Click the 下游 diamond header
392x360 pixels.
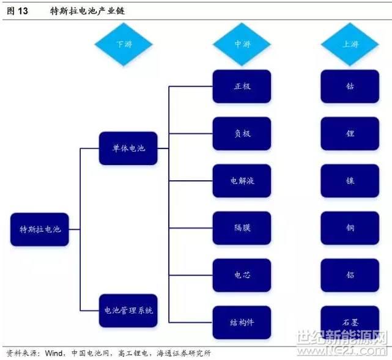pos(124,44)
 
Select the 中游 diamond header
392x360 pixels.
pos(242,44)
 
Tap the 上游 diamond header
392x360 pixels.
pos(350,44)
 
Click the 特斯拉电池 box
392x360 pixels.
pos(40,229)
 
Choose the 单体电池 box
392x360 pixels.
pos(128,149)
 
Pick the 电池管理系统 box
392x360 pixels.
pos(128,310)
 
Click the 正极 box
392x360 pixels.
pos(242,86)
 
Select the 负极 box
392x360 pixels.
pos(242,134)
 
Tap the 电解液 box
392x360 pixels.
pos(242,181)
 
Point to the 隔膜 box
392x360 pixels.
pos(242,228)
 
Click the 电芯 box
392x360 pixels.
pos(242,275)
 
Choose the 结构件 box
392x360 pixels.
pos(242,323)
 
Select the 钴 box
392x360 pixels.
pos(350,86)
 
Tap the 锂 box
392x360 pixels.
pos(350,134)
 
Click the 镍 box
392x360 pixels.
pos(350,181)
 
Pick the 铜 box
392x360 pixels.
pos(350,228)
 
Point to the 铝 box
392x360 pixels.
pos(350,275)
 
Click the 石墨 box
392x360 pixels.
pos(350,323)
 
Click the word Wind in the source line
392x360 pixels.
pos(54,353)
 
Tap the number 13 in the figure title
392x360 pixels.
pos(23,11)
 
